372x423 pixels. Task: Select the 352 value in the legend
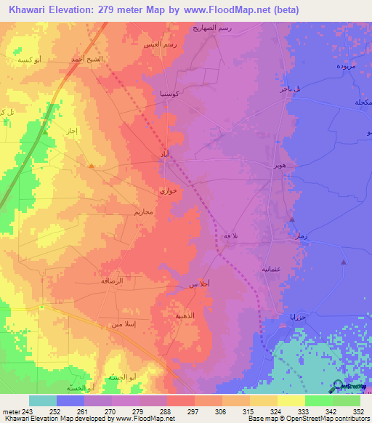click(356, 410)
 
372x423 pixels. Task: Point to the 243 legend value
click(28, 410)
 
